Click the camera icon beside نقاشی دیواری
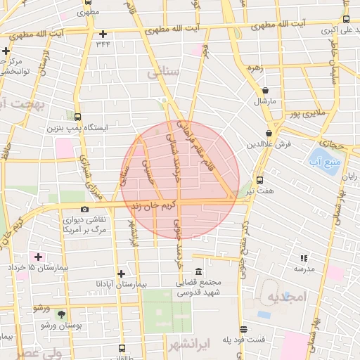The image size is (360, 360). click(x=85, y=209)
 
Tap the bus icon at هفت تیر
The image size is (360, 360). click(x=260, y=180)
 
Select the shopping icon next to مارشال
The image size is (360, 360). click(x=266, y=91)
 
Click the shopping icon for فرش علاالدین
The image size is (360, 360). click(x=269, y=134)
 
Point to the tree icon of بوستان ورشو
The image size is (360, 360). click(x=60, y=314)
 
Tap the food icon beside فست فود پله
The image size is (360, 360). click(x=243, y=329)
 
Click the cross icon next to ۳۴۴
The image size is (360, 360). click(x=103, y=34)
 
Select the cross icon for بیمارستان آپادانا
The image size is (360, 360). click(x=122, y=274)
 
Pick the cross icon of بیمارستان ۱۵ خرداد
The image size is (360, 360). click(x=38, y=257)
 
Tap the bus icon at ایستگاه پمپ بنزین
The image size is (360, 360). click(x=77, y=118)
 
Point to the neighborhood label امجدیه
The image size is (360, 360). click(x=288, y=297)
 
